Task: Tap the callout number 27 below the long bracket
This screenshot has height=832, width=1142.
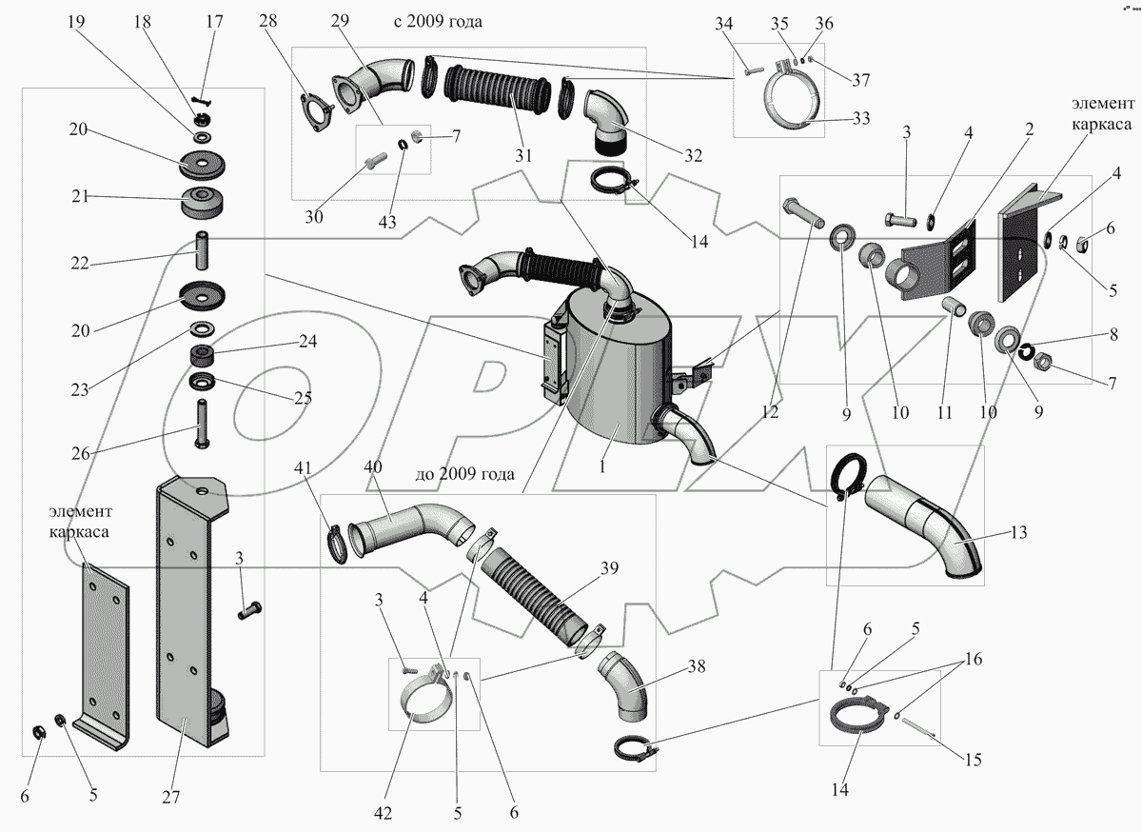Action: [170, 797]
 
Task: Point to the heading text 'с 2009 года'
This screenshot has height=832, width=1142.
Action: [438, 22]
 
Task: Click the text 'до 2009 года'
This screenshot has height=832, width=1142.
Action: [465, 473]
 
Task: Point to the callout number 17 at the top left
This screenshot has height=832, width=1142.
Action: [214, 22]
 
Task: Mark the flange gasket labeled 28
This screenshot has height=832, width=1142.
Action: [313, 110]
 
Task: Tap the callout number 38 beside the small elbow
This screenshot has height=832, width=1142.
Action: [697, 668]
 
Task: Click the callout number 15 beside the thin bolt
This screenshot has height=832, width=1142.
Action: [973, 760]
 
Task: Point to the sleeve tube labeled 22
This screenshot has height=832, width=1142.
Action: [203, 249]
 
